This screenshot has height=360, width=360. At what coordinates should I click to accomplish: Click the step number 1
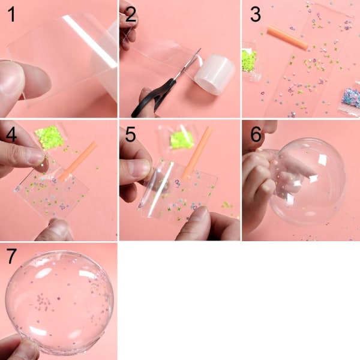coord(11,14)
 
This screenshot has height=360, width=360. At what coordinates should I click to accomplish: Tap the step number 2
coord(131,14)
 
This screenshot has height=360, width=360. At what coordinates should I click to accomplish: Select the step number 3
coord(256,14)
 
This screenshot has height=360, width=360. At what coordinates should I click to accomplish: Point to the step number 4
coord(11,134)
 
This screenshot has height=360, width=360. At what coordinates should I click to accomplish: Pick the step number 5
coord(130,134)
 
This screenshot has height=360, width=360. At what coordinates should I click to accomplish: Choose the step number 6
coord(256,134)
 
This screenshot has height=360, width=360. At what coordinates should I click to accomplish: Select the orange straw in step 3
coord(287,37)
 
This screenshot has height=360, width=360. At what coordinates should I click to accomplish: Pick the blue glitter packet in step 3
coord(350,98)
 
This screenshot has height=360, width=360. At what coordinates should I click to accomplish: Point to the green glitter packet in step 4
coord(50,136)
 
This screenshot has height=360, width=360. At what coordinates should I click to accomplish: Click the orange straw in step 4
coord(77,160)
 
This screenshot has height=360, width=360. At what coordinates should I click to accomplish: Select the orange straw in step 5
coord(197,152)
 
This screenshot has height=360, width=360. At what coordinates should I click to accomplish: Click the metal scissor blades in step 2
coord(187,64)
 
